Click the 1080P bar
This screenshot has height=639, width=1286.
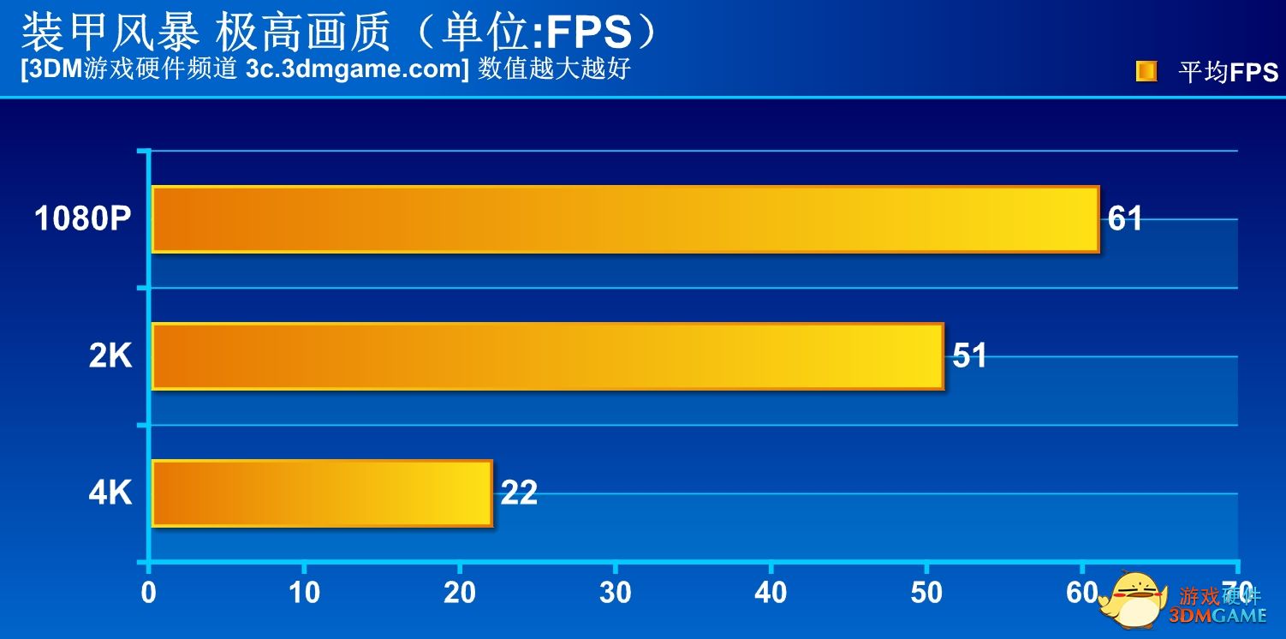625,219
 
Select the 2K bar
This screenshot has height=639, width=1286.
548,356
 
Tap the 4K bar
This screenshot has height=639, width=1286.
322,493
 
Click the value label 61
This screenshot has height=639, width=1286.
1125,218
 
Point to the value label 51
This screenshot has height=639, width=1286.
969,355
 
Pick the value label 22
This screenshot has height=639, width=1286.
519,493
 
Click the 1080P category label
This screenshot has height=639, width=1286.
83,219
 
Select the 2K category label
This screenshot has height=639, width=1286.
110,356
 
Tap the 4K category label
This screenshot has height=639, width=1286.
110,493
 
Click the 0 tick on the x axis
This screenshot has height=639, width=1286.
149,593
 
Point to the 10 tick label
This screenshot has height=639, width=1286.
304,593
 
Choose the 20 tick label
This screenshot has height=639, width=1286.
460,593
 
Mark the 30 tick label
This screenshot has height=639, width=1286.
616,593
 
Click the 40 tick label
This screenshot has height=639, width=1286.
771,593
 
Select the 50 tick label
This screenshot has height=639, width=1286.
926,593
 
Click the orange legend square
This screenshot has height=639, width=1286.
1146,71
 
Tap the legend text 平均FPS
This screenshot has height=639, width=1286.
1228,73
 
